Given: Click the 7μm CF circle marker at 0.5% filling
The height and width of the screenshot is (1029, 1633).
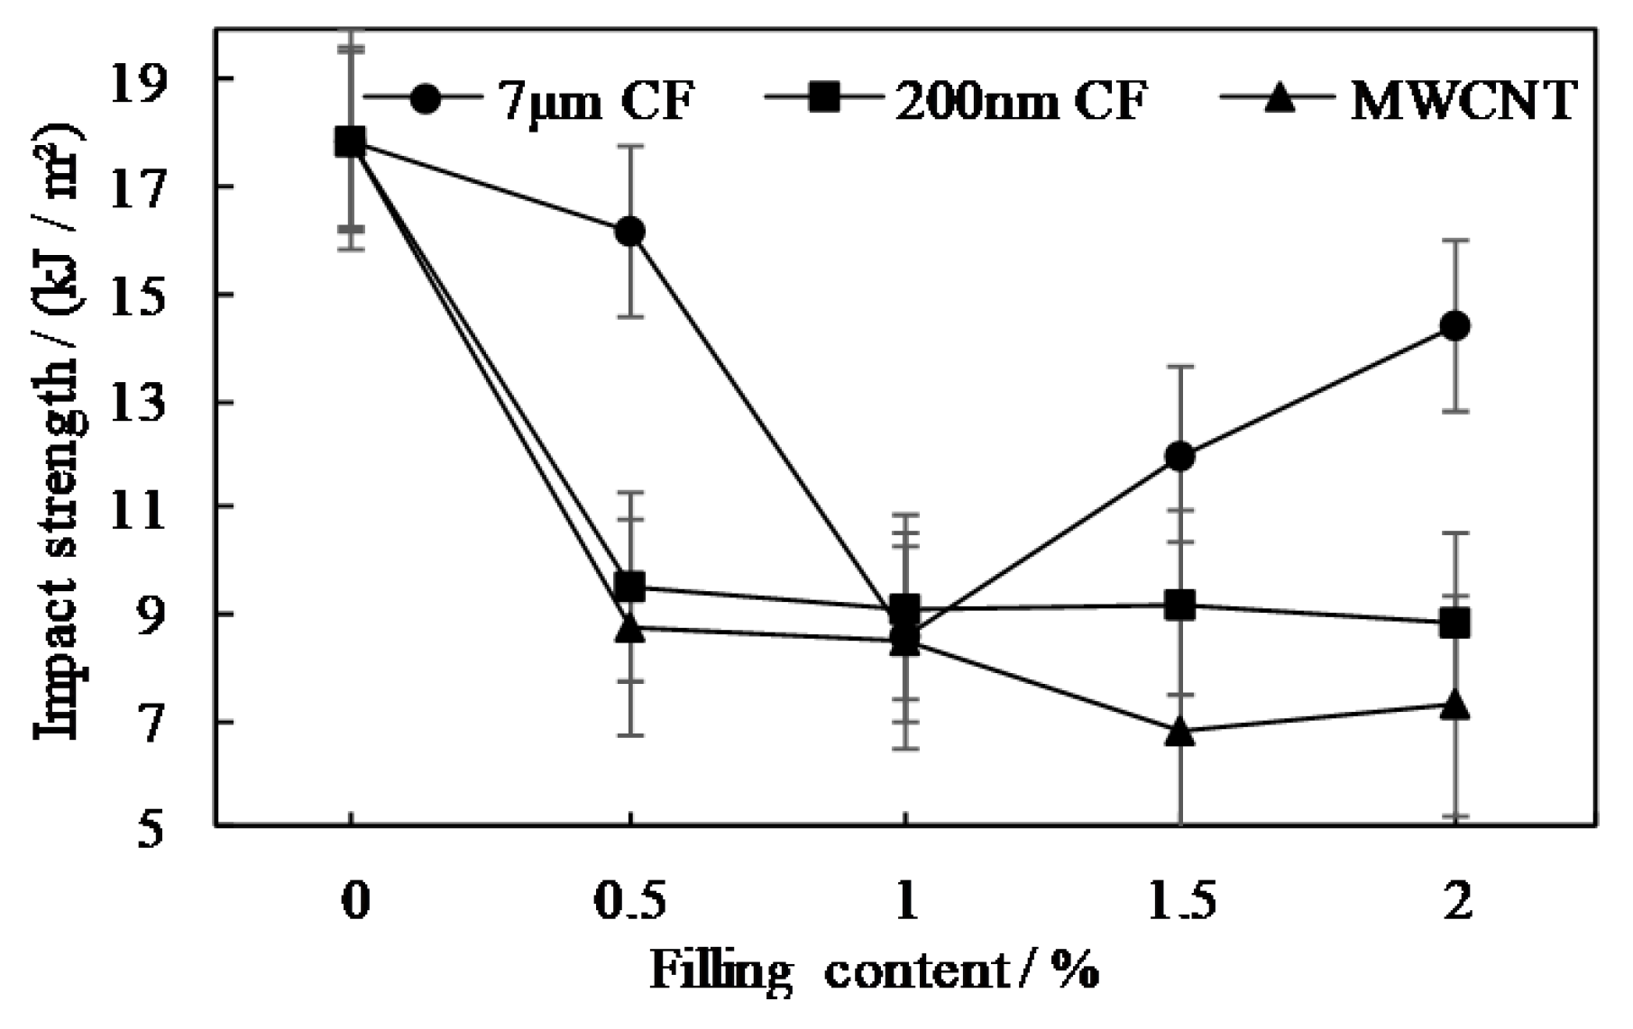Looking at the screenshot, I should coord(629,232).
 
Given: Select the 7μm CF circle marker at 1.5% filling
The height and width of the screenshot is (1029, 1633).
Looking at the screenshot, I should coord(1179,457).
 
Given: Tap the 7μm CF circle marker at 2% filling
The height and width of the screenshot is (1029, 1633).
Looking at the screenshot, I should coord(1454,326).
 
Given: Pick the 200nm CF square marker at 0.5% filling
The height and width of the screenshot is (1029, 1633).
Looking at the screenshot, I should coord(629,587).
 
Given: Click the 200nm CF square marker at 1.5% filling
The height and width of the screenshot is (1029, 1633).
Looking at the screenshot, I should coord(1179,605).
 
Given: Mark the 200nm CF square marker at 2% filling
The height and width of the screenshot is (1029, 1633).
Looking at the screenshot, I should coord(1454,623).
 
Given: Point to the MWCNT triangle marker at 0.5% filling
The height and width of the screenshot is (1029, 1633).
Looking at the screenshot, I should coord(629,629).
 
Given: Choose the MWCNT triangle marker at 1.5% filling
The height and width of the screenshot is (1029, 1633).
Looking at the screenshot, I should coord(1179,733).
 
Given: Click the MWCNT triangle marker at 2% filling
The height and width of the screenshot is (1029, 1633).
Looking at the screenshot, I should coord(1454,706).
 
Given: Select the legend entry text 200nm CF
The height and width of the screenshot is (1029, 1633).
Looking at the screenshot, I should coord(1019,101).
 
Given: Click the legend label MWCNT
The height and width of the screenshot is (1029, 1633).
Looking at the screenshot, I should coord(1463,101).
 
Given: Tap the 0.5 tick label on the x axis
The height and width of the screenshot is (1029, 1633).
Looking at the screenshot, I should coord(629,902).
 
